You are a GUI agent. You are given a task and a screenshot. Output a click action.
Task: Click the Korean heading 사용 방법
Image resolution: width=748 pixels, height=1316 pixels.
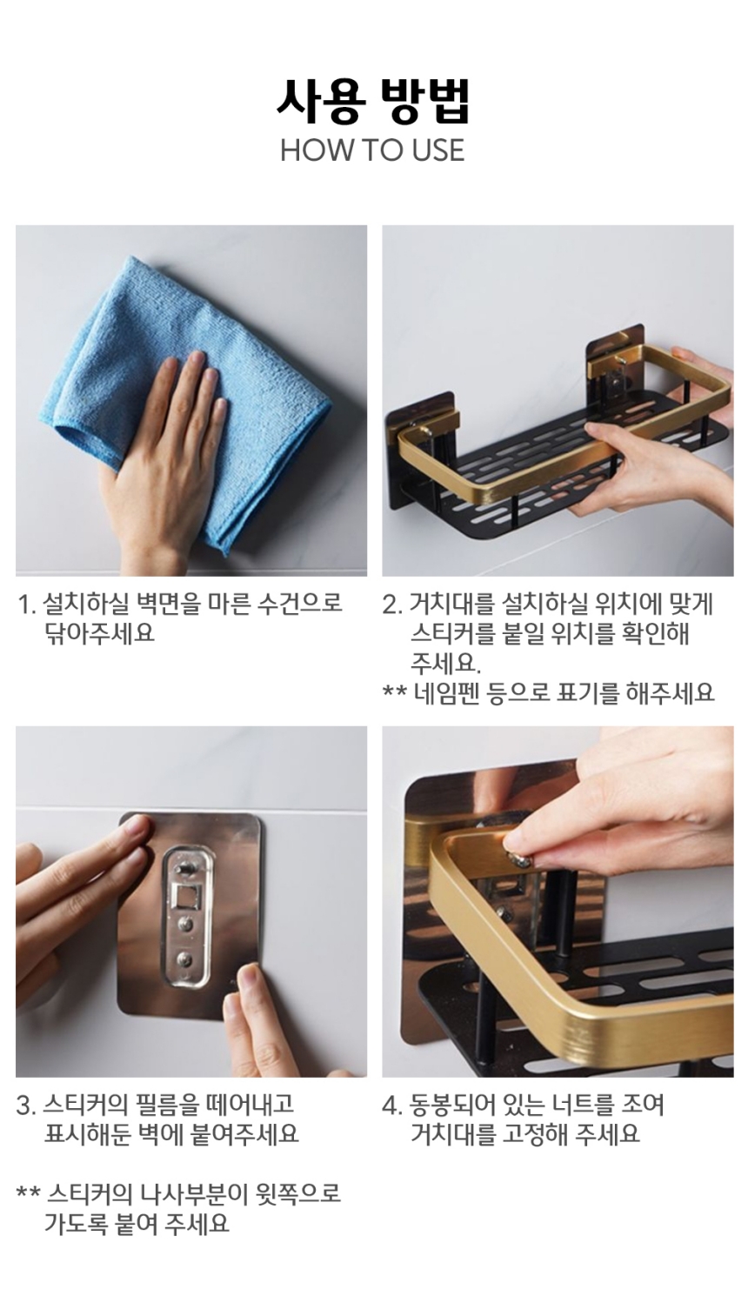coord(373,101)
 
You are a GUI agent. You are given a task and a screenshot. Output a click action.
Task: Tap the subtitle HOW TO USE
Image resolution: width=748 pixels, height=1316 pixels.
coord(372,150)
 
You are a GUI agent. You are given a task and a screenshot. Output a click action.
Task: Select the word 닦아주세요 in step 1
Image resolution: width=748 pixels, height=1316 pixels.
coord(100,633)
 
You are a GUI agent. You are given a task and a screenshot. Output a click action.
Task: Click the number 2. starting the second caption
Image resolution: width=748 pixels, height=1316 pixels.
coord(391,605)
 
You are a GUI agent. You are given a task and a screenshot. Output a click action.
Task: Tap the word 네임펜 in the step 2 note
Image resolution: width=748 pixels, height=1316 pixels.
coord(446,692)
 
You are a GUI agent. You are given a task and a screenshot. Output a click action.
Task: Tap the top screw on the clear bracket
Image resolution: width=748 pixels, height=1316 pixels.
coord(184,867)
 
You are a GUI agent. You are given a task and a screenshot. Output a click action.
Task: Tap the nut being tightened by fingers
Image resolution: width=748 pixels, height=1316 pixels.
coord(521,860)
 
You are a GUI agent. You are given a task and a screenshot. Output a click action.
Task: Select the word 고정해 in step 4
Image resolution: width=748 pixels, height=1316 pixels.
coord(535,1134)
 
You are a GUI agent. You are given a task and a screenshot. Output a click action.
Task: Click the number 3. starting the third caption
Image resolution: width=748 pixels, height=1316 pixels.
coord(26,1106)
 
